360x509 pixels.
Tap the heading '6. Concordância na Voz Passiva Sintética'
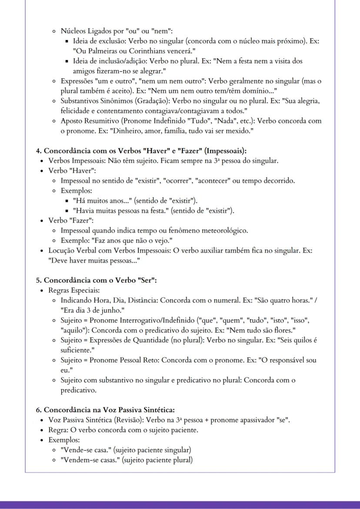click(x=109, y=409)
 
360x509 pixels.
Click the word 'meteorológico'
click(x=227, y=230)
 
